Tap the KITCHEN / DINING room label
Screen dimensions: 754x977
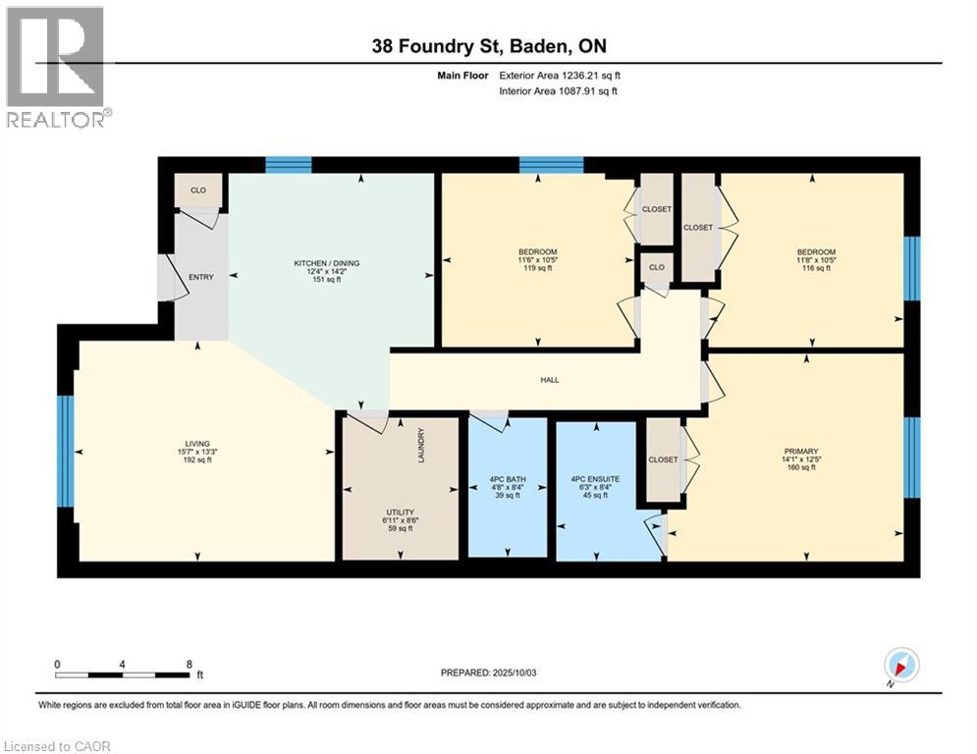pos(327,263)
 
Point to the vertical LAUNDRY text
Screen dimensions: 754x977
pos(420,446)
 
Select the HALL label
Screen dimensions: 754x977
pos(550,379)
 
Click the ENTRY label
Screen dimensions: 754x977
pos(201,278)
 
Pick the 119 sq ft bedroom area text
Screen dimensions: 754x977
pos(538,268)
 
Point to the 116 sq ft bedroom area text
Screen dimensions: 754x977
pos(815,268)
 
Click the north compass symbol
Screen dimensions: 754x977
pos(900,666)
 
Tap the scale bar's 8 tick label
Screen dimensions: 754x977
pos(189,664)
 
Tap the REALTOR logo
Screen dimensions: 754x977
pos(57,67)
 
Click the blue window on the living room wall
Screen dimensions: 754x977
pos(66,451)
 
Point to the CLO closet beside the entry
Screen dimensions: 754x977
pos(199,190)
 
